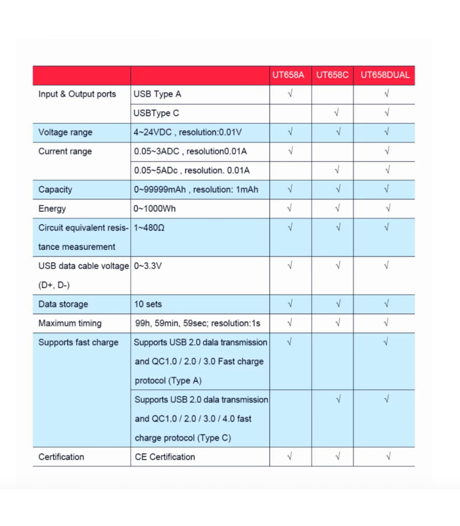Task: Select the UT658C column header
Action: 332,75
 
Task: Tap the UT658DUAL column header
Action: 385,75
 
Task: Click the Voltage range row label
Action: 65,132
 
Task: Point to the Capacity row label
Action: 55,189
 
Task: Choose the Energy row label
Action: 52,208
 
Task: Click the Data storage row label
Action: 63,304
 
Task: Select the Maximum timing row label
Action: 70,323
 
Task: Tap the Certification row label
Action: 61,457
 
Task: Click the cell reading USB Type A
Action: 157,94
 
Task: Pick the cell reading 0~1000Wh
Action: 155,208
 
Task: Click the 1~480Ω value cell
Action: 149,227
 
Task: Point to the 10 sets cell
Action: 148,304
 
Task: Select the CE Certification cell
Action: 165,457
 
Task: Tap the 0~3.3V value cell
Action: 148,266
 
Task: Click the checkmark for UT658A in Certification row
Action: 290,456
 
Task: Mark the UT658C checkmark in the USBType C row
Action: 336,112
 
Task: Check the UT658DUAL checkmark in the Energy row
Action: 388,208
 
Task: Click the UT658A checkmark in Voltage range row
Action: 290,131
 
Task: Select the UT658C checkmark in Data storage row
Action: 337,304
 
